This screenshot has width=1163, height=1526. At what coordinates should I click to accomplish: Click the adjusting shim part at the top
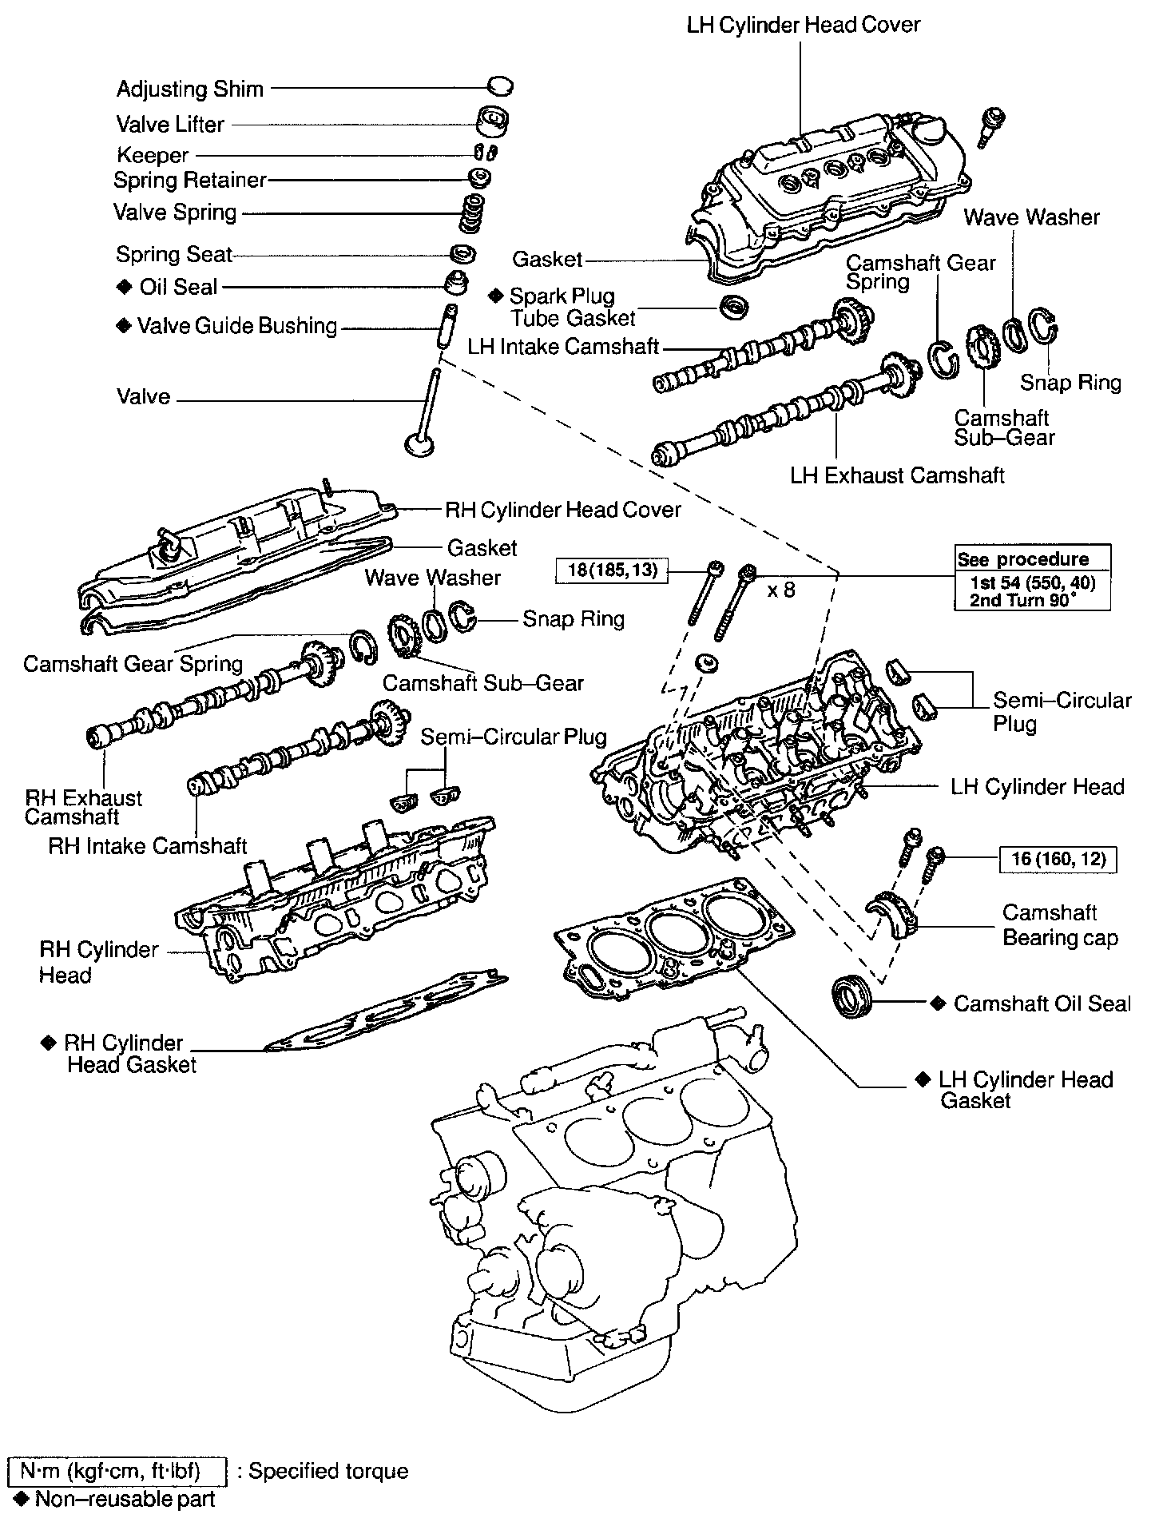pos(499,85)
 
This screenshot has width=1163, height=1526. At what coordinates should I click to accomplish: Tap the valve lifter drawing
pos(492,121)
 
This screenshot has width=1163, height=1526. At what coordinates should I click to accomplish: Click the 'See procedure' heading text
pos(1023,558)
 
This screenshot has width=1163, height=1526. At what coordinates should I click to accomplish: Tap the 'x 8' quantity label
pos(781,590)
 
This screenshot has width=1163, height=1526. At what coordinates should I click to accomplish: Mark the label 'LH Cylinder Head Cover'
pos(804,25)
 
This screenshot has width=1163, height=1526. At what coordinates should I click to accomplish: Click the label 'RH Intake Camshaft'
pos(148,845)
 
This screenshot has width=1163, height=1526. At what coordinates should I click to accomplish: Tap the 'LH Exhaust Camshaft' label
pos(897,475)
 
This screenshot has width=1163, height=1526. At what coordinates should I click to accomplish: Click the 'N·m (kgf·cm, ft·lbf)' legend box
pos(116,1472)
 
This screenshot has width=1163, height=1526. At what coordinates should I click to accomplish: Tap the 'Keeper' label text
pos(153,155)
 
